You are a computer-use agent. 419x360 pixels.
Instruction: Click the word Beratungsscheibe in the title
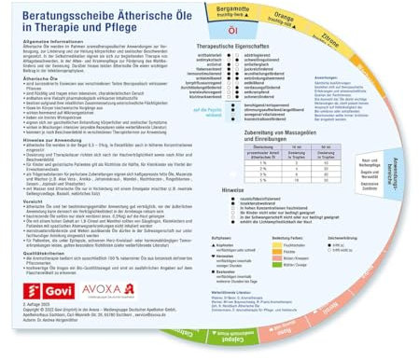coord(54,15)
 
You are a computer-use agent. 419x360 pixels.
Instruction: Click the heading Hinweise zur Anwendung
coord(42,162)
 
